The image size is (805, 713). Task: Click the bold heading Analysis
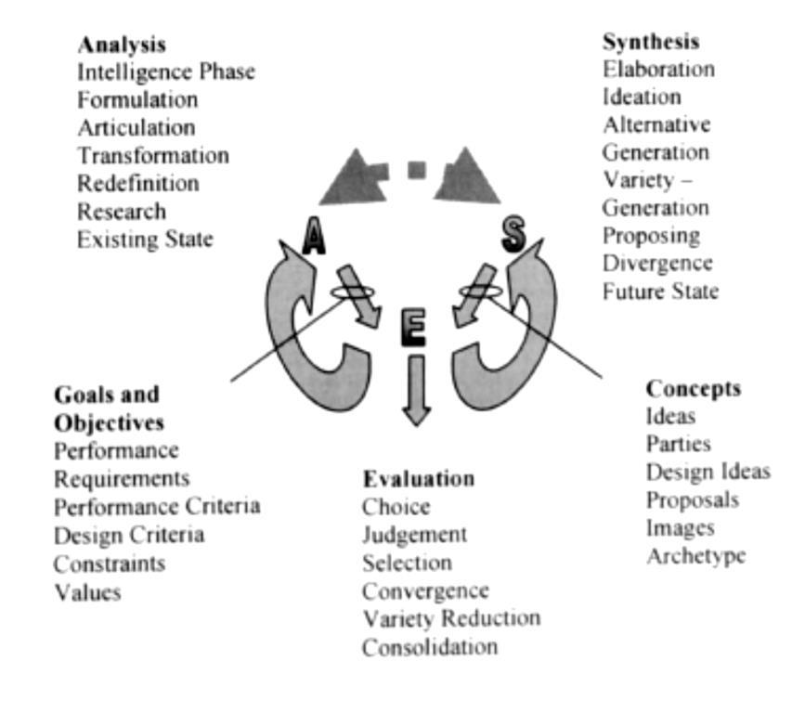(x=122, y=45)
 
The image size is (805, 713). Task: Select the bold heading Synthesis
(x=651, y=42)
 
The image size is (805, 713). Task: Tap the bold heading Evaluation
(x=419, y=479)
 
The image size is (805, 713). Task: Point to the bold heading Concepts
(x=693, y=389)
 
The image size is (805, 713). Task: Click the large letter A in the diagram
(x=314, y=236)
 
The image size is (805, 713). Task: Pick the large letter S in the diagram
(x=513, y=234)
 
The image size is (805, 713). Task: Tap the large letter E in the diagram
(x=413, y=327)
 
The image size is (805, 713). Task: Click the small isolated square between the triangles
(x=416, y=170)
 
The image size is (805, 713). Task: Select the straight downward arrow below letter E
(x=416, y=390)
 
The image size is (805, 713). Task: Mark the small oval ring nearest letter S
(x=481, y=292)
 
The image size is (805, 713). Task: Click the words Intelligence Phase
(x=166, y=72)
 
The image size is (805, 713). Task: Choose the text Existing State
(x=145, y=240)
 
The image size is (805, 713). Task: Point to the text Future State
(x=660, y=292)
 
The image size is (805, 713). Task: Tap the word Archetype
(x=695, y=556)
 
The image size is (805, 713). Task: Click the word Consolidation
(x=430, y=647)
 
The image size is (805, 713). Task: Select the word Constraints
(x=110, y=564)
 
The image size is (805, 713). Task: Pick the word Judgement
(x=415, y=536)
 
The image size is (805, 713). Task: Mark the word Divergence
(x=657, y=264)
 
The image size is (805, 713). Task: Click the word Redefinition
(x=138, y=184)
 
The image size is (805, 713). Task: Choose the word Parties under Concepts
(x=678, y=444)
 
